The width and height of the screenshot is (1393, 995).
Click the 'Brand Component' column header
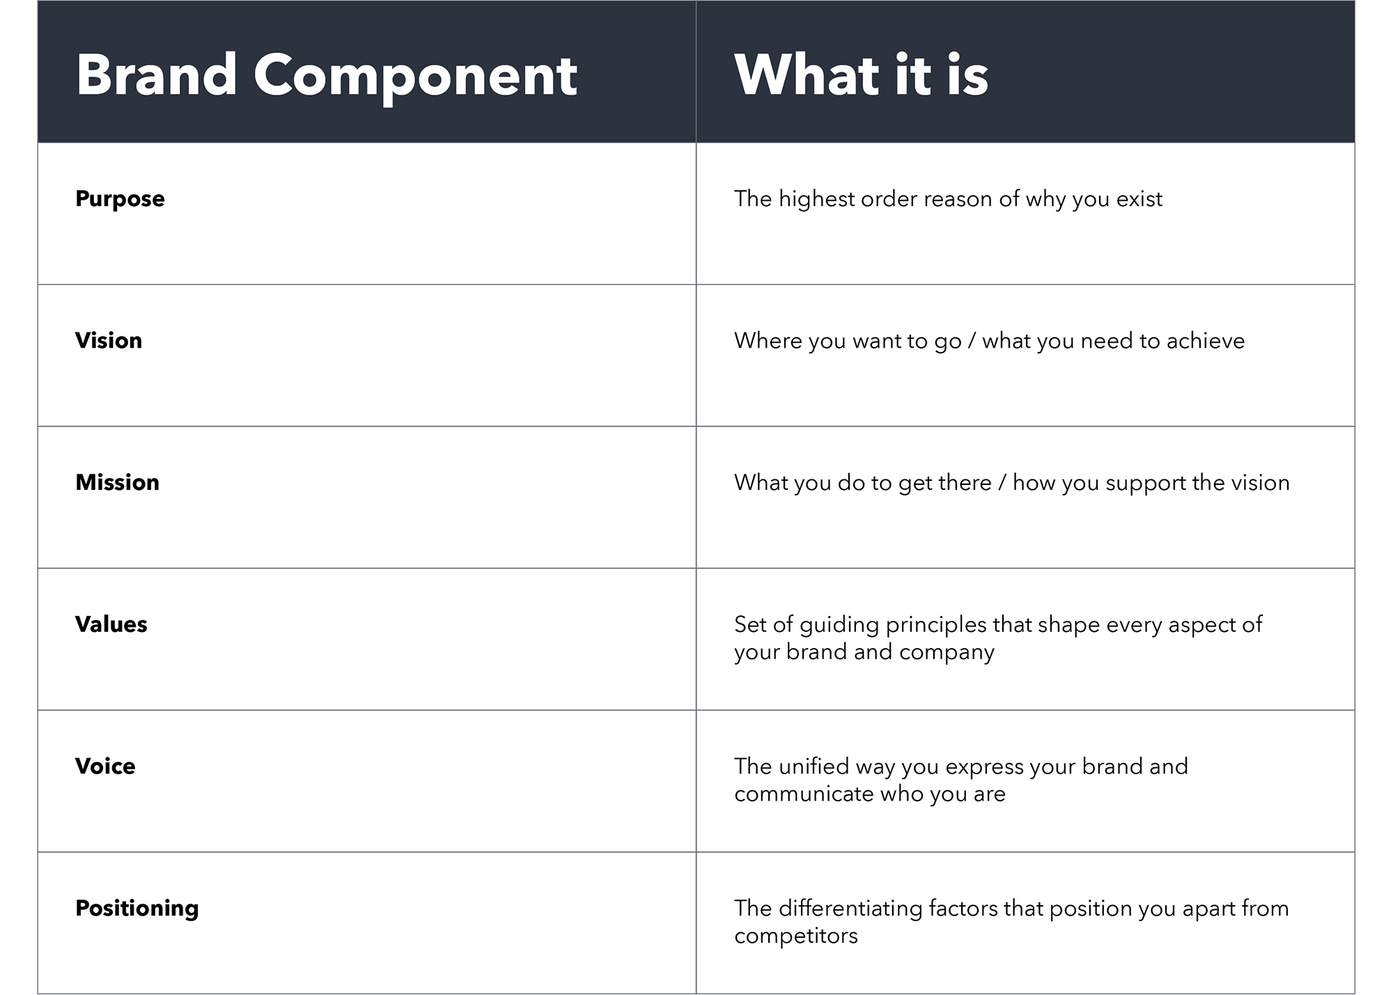point(327,77)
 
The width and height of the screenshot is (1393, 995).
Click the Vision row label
point(109,340)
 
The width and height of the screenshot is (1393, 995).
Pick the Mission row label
point(117,482)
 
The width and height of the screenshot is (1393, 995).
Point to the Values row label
point(111,624)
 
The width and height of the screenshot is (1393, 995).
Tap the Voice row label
point(105,766)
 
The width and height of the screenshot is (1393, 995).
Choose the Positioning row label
point(137,909)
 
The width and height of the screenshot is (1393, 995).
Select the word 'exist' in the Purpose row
point(1139,199)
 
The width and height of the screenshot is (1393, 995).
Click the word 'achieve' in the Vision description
point(1206,341)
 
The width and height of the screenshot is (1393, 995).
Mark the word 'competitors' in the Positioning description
point(796,936)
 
